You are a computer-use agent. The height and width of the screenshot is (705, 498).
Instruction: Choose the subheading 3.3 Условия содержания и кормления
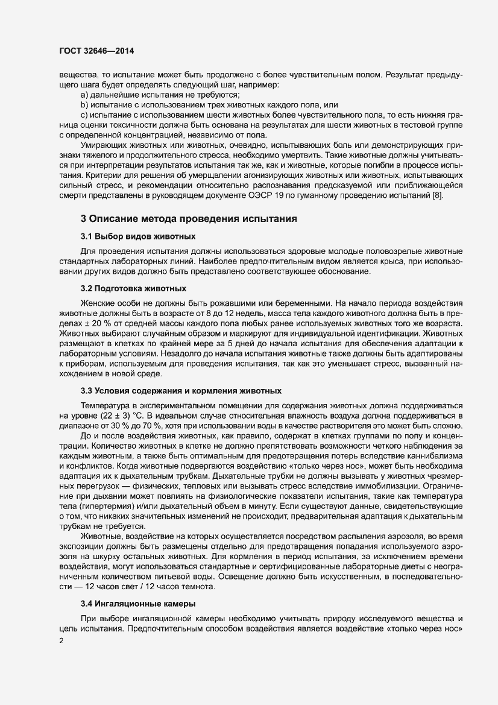(x=181, y=391)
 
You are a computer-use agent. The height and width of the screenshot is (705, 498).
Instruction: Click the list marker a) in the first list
(x=84, y=95)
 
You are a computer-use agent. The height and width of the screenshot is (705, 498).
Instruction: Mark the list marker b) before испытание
(x=84, y=105)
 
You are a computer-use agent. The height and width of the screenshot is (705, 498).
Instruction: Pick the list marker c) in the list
(x=84, y=115)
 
